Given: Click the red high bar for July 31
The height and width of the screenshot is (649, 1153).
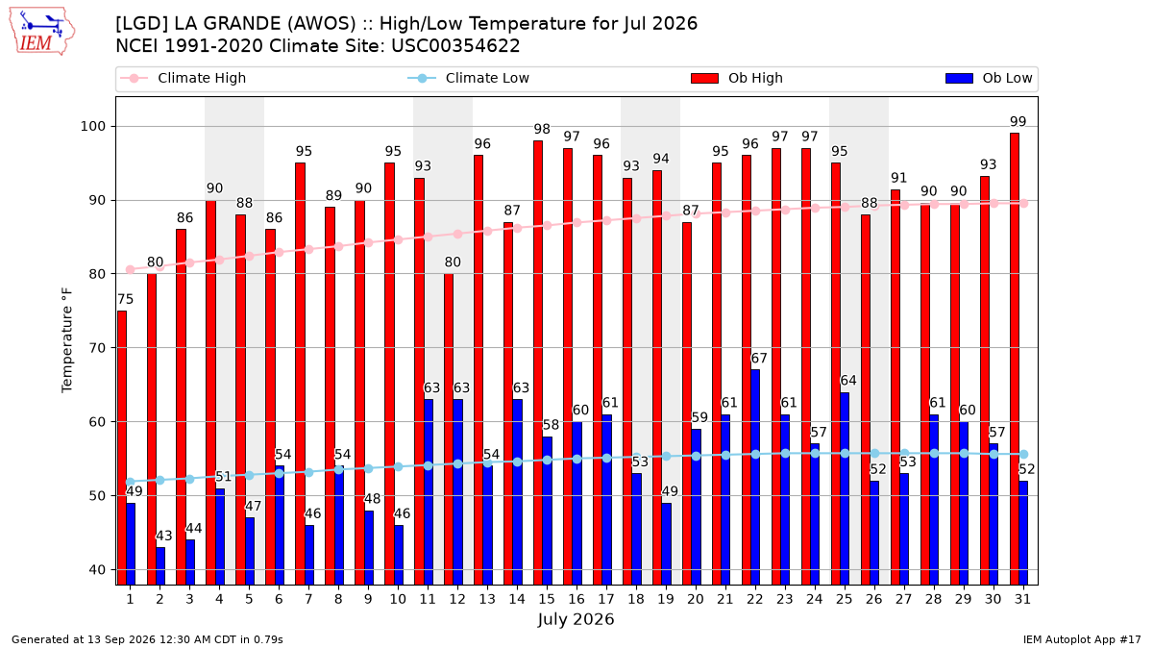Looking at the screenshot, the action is tap(1015, 359).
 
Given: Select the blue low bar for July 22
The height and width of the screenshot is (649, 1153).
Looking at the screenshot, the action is tap(755, 477).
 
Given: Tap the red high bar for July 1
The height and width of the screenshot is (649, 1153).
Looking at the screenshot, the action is tap(121, 448).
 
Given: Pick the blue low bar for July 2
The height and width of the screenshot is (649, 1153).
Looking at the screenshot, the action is tap(160, 565).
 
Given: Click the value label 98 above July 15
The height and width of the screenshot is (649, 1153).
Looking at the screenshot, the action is tap(542, 129).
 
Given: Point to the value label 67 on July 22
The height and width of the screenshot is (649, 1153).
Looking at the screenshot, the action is tap(759, 358).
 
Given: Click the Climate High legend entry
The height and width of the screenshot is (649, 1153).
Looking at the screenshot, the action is tap(184, 78).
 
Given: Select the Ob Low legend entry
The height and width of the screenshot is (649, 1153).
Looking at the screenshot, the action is tap(989, 78).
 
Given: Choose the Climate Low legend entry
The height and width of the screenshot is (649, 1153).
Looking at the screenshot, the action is tap(469, 78).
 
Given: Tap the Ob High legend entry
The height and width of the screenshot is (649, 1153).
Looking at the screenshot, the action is tap(737, 78).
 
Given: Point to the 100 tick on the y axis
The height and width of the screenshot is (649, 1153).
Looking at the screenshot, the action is tap(92, 127).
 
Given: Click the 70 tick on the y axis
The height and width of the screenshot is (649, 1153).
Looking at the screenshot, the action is tap(97, 348).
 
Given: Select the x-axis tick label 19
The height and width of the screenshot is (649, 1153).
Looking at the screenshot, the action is tap(666, 599).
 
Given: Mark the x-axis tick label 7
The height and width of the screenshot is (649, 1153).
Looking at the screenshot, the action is tap(308, 599).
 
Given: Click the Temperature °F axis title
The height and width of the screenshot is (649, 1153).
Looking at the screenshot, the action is tap(67, 340).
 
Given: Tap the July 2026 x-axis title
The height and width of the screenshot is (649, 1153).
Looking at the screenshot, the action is tap(576, 619).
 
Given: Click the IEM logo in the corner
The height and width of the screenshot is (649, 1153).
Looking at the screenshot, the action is tap(41, 32).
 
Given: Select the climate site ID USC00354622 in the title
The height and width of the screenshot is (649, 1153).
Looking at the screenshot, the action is tap(455, 46).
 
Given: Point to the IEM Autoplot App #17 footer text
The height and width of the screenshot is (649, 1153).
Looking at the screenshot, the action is tap(1082, 639).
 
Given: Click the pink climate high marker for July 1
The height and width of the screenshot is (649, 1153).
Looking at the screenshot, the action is tap(131, 269).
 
